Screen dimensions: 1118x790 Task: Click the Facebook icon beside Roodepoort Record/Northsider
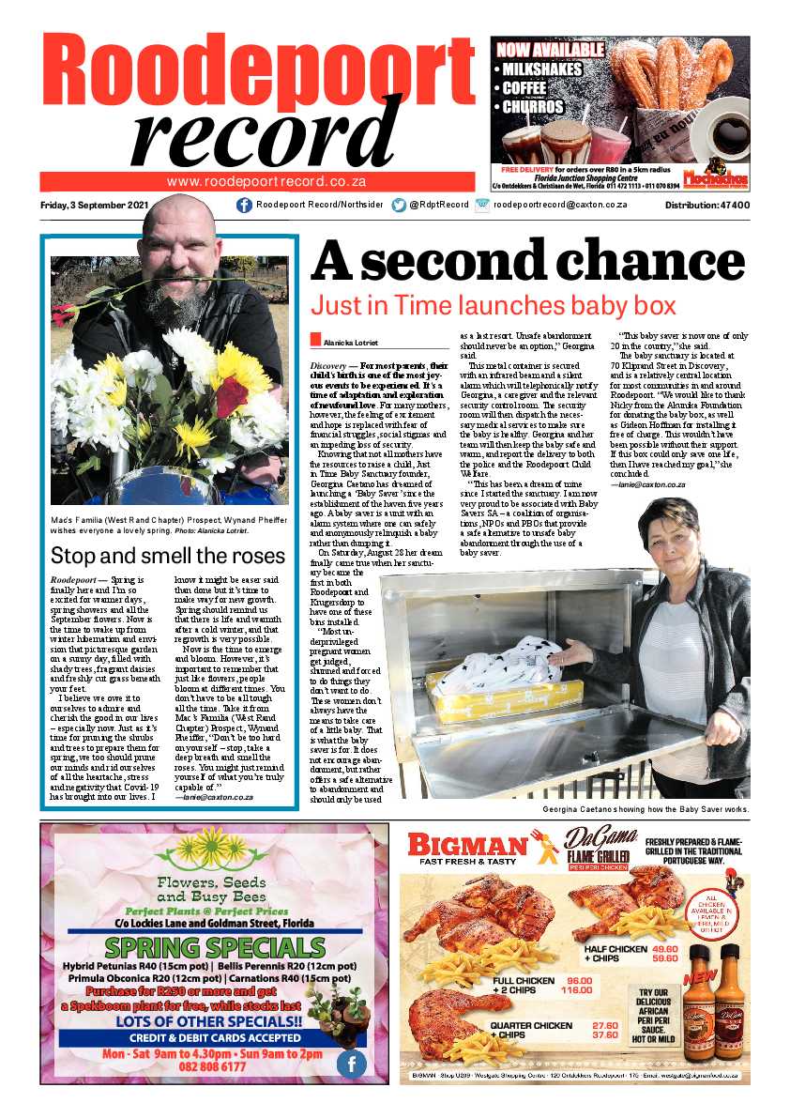244,206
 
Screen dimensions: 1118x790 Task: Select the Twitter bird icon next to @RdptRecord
399,206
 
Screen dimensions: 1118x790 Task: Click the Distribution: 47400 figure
706,206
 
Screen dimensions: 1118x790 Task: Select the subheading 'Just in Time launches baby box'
493,305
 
